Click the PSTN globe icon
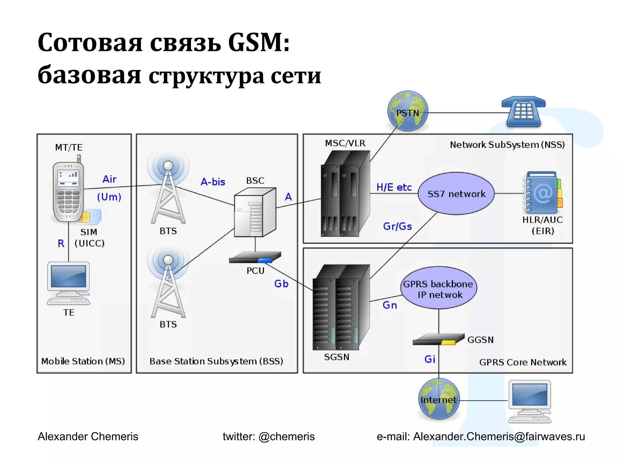[x=408, y=111]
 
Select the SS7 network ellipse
[x=456, y=194]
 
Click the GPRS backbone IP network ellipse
[x=438, y=288]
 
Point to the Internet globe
[x=439, y=399]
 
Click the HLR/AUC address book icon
[x=543, y=193]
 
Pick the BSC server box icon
[x=255, y=212]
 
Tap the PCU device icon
[x=255, y=258]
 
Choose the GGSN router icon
[x=438, y=339]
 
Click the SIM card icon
[x=90, y=216]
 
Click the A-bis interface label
[x=213, y=182]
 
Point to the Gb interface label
[x=281, y=284]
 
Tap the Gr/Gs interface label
[x=397, y=226]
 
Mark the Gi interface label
[x=430, y=359]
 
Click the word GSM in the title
[x=259, y=43]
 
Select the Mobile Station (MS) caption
[x=83, y=361]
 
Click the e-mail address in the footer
[x=499, y=436]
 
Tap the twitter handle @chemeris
[x=287, y=436]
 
